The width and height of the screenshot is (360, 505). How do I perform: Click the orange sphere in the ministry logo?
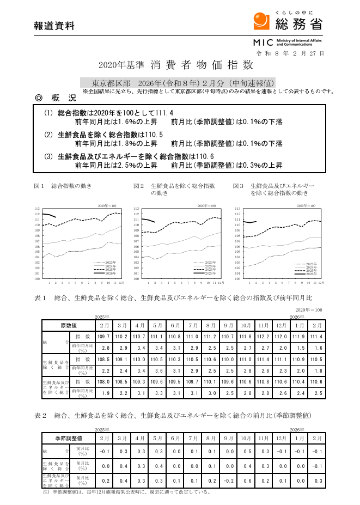pyautogui.click(x=261, y=21)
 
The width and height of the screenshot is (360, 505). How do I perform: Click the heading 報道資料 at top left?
pyautogui.click(x=54, y=26)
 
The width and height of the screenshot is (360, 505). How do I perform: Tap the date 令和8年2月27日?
pyautogui.click(x=290, y=53)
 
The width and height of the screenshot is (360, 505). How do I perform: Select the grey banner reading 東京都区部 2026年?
pyautogui.click(x=178, y=83)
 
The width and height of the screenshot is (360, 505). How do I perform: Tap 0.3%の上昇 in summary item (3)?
pyautogui.click(x=264, y=165)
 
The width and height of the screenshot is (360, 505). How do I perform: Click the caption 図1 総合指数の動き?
pyautogui.click(x=63, y=186)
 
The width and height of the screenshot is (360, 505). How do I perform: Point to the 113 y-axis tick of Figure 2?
pyautogui.click(x=136, y=209)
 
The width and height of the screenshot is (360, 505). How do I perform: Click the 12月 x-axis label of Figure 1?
pyautogui.click(x=121, y=283)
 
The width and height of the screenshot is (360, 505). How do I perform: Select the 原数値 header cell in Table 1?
pyautogui.click(x=69, y=325)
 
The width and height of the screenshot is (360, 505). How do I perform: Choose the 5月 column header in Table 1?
pyautogui.click(x=157, y=325)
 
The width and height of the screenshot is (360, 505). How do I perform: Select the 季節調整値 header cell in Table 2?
pyautogui.click(x=69, y=438)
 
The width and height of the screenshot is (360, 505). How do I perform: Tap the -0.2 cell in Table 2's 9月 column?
pyautogui.click(x=229, y=480)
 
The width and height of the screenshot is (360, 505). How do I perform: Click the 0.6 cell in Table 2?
pyautogui.click(x=246, y=480)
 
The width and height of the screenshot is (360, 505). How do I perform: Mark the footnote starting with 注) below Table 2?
pyautogui.click(x=126, y=491)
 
